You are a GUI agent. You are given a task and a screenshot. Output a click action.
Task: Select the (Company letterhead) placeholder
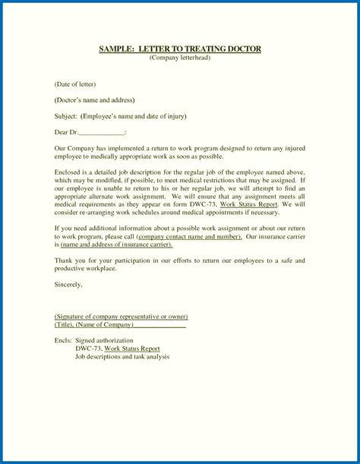pyautogui.click(x=179, y=58)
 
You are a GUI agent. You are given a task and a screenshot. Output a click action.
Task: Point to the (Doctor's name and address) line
pyautogui.click(x=94, y=99)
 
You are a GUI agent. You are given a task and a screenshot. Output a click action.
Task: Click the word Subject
pyautogui.click(x=66, y=116)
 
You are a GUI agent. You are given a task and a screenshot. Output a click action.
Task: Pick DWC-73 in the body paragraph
pyautogui.click(x=201, y=205)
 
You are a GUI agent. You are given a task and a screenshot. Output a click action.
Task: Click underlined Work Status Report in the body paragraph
pyautogui.click(x=248, y=205)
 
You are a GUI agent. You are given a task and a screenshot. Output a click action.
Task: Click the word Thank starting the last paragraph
pyautogui.click(x=65, y=260)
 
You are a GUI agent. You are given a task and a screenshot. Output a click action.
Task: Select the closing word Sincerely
pyautogui.click(x=68, y=285)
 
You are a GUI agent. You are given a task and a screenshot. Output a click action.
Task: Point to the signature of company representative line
pyautogui.click(x=121, y=316)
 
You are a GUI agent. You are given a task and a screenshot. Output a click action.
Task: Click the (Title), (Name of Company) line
pyautogui.click(x=119, y=324)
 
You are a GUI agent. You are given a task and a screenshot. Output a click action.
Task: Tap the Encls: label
pyautogui.click(x=64, y=340)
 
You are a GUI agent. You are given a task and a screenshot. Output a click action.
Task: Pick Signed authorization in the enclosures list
pyautogui.click(x=109, y=340)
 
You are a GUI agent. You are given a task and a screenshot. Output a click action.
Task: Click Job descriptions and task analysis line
pyautogui.click(x=128, y=356)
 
